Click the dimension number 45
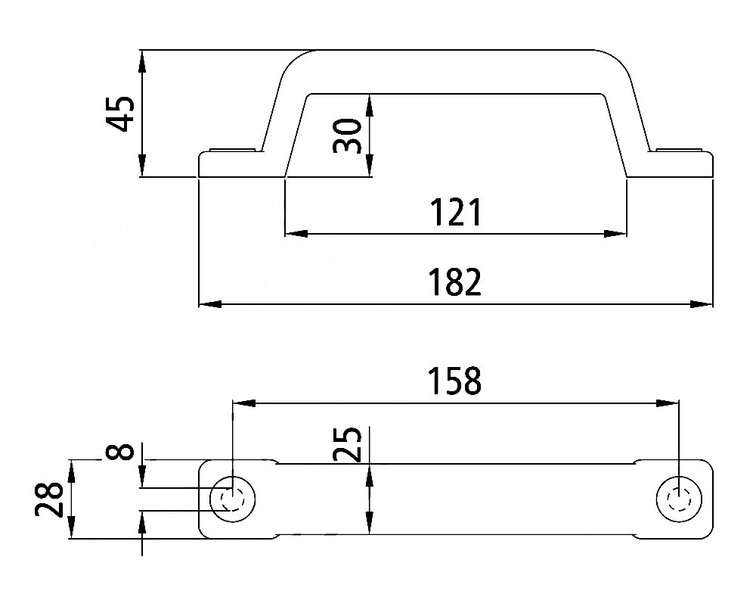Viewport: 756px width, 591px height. pos(120,114)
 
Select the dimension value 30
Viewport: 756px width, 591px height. pos(347,136)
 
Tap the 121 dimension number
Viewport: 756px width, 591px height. pos(455,213)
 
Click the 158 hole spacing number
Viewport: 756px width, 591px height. pos(455,381)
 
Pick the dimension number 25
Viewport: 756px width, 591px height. pos(347,444)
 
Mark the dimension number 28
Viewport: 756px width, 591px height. pos(48,499)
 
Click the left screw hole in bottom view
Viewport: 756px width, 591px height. pos(233,500)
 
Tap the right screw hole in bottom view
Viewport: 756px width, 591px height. pos(680,500)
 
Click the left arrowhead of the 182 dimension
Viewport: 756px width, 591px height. pos(210,304)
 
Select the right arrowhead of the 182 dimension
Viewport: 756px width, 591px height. pos(701,304)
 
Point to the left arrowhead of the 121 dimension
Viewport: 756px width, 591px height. pos(296,234)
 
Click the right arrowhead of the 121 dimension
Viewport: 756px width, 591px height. pos(615,234)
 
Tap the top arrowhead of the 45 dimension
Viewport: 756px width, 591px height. pos(142,61)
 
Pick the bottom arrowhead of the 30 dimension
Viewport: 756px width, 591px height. pos(370,166)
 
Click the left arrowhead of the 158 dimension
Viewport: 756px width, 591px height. pos(244,403)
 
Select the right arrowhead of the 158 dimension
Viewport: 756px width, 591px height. pos(668,403)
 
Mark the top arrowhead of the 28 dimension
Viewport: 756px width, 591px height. pos(71,471)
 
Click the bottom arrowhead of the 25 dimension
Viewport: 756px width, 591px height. pos(370,523)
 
